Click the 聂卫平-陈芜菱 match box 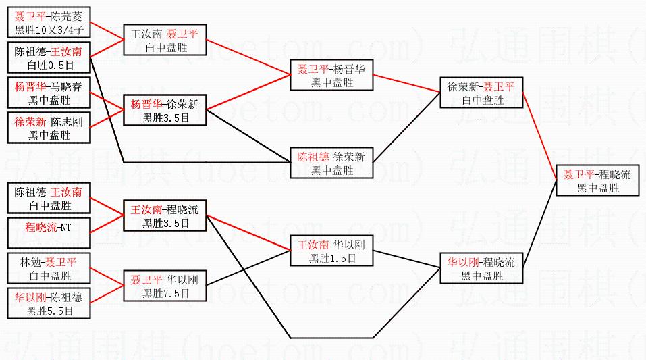coord(49,22)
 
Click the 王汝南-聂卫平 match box coord(165,40)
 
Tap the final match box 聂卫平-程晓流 coord(597,180)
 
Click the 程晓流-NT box coord(49,227)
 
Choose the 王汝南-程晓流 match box coord(165,215)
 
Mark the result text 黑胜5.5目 coord(49,311)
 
